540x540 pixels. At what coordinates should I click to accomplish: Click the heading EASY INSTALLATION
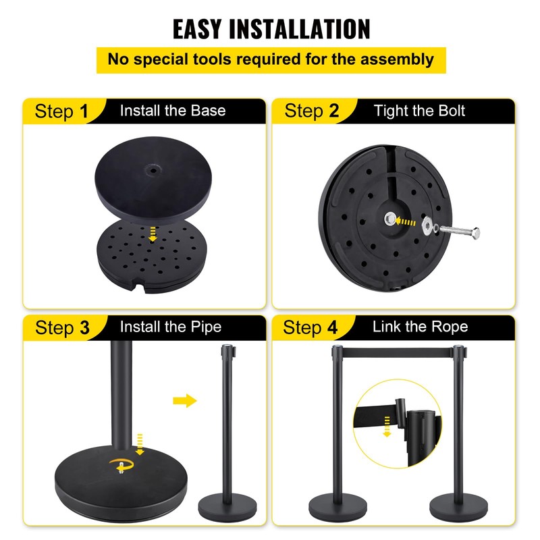point(271,29)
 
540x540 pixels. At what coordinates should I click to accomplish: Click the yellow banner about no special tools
point(271,59)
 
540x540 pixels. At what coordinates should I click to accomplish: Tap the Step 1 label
point(62,111)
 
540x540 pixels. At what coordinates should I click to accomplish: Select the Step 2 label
point(311,111)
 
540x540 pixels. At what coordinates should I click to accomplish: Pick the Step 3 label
point(62,328)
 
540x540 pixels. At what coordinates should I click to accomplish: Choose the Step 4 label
point(311,328)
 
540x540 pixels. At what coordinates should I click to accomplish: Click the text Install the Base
point(173,111)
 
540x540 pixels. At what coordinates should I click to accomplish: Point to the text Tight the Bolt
point(419,111)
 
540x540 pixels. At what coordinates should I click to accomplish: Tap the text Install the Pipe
point(170,327)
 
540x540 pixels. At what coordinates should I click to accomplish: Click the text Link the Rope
point(420,327)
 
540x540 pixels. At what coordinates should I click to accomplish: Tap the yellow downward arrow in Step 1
point(153,234)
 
